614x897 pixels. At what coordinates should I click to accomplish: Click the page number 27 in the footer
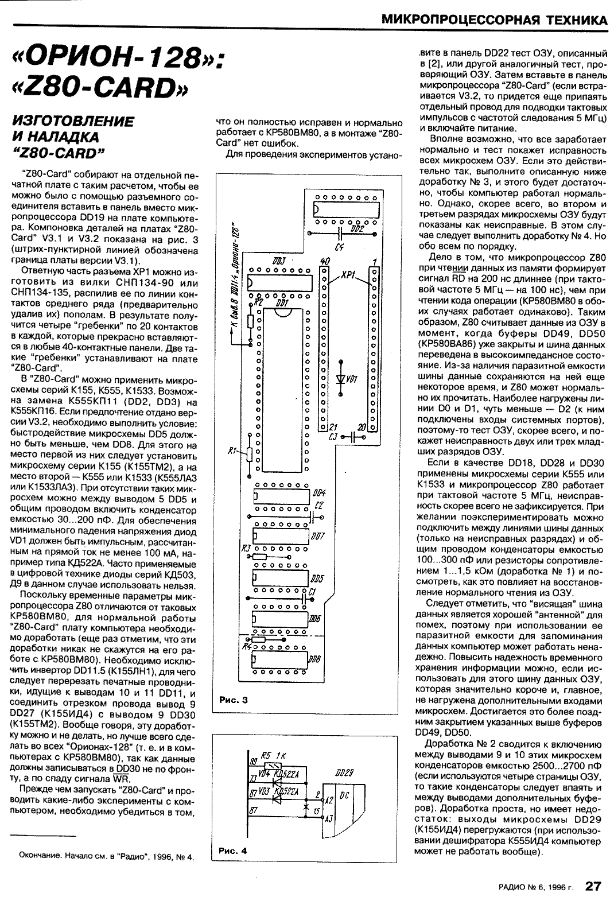pos(593,886)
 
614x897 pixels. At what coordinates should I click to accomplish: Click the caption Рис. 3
pos(233,700)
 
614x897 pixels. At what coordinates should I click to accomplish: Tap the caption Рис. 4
pos(233,851)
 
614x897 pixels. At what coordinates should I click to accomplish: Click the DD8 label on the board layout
pos(314,660)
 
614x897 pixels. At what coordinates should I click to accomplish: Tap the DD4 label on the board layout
pos(319,493)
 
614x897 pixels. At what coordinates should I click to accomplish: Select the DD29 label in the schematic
pos(345,774)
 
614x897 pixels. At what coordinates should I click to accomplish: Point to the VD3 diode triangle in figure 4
pos(279,792)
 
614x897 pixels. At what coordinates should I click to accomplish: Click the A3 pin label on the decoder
pos(329,818)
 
